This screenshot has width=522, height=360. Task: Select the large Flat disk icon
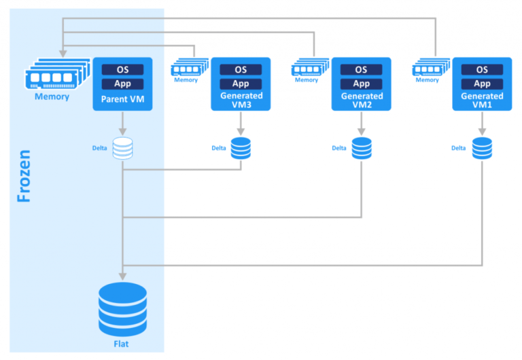click(122, 308)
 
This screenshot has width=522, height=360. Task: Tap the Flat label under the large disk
click(122, 344)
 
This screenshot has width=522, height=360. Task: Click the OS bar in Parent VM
click(122, 69)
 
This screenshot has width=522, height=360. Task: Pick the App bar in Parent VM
click(122, 84)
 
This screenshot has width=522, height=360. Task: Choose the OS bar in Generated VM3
click(241, 69)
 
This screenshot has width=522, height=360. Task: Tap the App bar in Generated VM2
click(361, 84)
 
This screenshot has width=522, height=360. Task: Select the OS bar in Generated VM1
click(482, 69)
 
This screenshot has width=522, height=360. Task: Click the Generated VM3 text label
click(241, 101)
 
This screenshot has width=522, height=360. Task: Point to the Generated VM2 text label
click(361, 101)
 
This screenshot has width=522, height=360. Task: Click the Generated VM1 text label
click(482, 101)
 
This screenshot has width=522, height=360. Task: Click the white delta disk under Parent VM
click(122, 148)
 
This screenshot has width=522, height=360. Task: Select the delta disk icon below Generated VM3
click(241, 148)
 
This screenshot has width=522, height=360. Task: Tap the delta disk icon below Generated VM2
click(361, 148)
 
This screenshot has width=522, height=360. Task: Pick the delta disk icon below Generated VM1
click(482, 148)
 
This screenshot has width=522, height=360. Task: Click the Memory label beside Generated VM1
click(427, 80)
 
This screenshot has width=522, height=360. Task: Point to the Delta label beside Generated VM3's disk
click(218, 148)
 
